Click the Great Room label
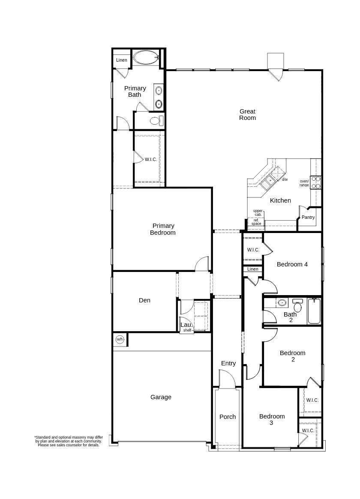[x=247, y=114]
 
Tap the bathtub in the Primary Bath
[x=145, y=57]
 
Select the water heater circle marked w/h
[x=120, y=339]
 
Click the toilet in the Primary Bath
[x=156, y=120]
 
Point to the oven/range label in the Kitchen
[x=304, y=183]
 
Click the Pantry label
[x=308, y=217]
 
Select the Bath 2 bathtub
[x=314, y=311]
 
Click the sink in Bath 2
[x=282, y=302]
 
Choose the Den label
[x=144, y=300]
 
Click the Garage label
[x=161, y=397]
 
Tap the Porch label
[x=228, y=416]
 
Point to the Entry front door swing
[x=227, y=379]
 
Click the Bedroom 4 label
[x=292, y=264]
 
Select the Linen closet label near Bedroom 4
[x=253, y=269]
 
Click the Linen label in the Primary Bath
[x=122, y=60]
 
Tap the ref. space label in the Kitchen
[x=256, y=222]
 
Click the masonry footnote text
[x=69, y=441]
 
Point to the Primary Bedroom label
[x=163, y=229]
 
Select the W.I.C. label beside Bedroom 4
[x=253, y=250]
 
